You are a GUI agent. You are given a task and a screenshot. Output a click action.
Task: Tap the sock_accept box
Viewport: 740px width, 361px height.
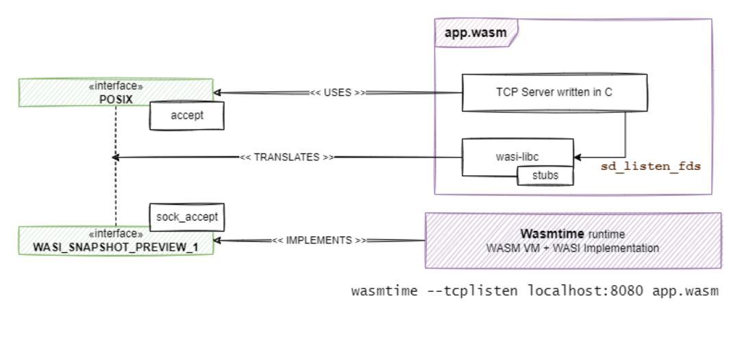click(x=186, y=219)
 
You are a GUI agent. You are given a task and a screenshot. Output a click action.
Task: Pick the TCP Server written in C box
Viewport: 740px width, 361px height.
click(x=554, y=92)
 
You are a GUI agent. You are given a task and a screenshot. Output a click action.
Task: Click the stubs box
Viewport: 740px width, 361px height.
click(x=545, y=175)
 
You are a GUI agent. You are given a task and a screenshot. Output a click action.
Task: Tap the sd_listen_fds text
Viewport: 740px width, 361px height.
click(x=650, y=166)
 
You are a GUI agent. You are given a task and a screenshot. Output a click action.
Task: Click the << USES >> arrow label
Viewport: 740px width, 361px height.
click(x=336, y=93)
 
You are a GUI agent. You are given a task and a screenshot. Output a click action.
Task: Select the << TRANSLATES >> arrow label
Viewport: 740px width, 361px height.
click(x=287, y=157)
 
